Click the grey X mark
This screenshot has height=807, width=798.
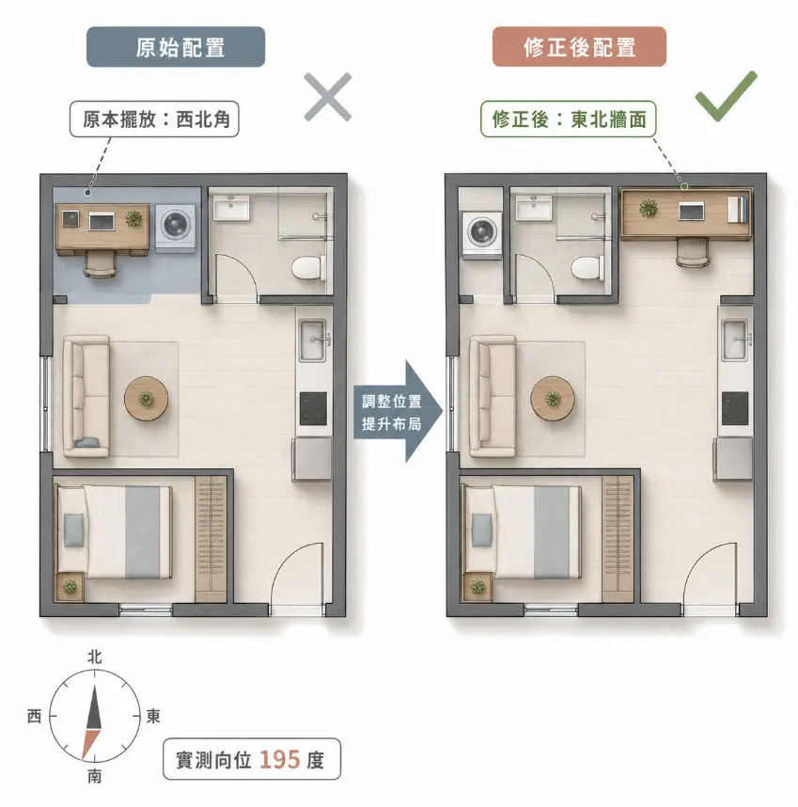click(x=327, y=97)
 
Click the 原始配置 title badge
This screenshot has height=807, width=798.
click(x=176, y=47)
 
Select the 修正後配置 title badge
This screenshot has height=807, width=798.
click(x=580, y=47)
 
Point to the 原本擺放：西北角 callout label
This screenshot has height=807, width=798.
click(x=154, y=119)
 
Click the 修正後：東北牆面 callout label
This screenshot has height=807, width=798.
click(x=569, y=119)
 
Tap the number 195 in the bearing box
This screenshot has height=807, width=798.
click(x=280, y=760)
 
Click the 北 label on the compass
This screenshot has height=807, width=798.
click(x=95, y=657)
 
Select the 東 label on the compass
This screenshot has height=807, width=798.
click(x=153, y=716)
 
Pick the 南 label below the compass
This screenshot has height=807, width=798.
click(x=94, y=776)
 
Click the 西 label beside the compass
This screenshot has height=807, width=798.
click(x=35, y=716)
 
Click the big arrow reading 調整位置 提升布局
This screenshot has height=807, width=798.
click(x=399, y=412)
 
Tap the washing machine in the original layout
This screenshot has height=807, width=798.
click(x=176, y=228)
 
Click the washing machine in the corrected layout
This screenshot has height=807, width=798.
click(x=482, y=233)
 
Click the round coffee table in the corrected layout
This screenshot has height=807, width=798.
click(x=553, y=399)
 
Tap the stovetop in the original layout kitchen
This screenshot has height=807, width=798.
click(x=313, y=408)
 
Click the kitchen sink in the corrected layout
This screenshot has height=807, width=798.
click(x=734, y=340)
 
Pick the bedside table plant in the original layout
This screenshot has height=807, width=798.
click(x=70, y=587)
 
